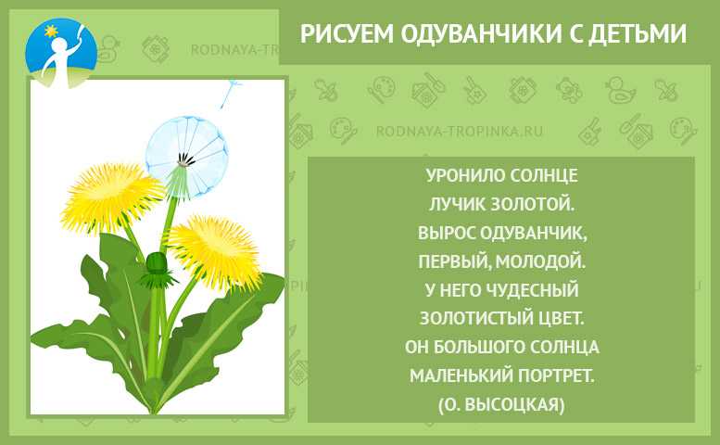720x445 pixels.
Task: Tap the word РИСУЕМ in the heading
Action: pyautogui.click(x=347, y=33)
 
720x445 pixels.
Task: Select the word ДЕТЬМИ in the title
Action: pyautogui.click(x=638, y=33)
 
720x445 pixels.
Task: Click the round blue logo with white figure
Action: pyautogui.click(x=61, y=52)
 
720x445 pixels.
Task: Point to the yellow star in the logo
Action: pyautogui.click(x=51, y=32)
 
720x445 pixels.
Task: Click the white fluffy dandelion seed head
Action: pyautogui.click(x=187, y=153)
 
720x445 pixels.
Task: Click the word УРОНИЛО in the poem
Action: pyautogui.click(x=462, y=175)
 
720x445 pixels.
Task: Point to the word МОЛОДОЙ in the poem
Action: pyautogui.click(x=540, y=261)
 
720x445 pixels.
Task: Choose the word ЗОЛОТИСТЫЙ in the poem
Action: pyautogui.click(x=472, y=318)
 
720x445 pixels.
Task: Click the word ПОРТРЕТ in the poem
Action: pyautogui.click(x=556, y=375)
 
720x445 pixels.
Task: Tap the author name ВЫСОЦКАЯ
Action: pyautogui.click(x=514, y=404)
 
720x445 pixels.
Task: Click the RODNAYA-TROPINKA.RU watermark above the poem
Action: pyautogui.click(x=460, y=132)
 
